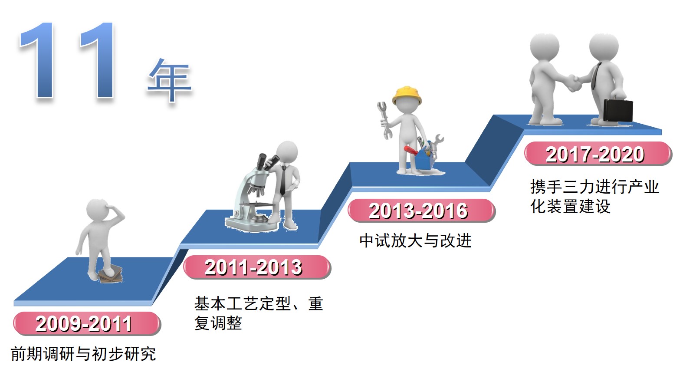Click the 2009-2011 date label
87,324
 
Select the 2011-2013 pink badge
257,267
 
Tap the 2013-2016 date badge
421,211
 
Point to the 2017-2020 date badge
598,154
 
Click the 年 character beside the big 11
170,79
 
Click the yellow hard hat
407,95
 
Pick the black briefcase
618,110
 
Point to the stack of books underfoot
111,274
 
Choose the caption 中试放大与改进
416,241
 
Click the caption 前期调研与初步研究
83,354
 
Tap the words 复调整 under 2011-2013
218,323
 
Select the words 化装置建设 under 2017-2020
571,207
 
